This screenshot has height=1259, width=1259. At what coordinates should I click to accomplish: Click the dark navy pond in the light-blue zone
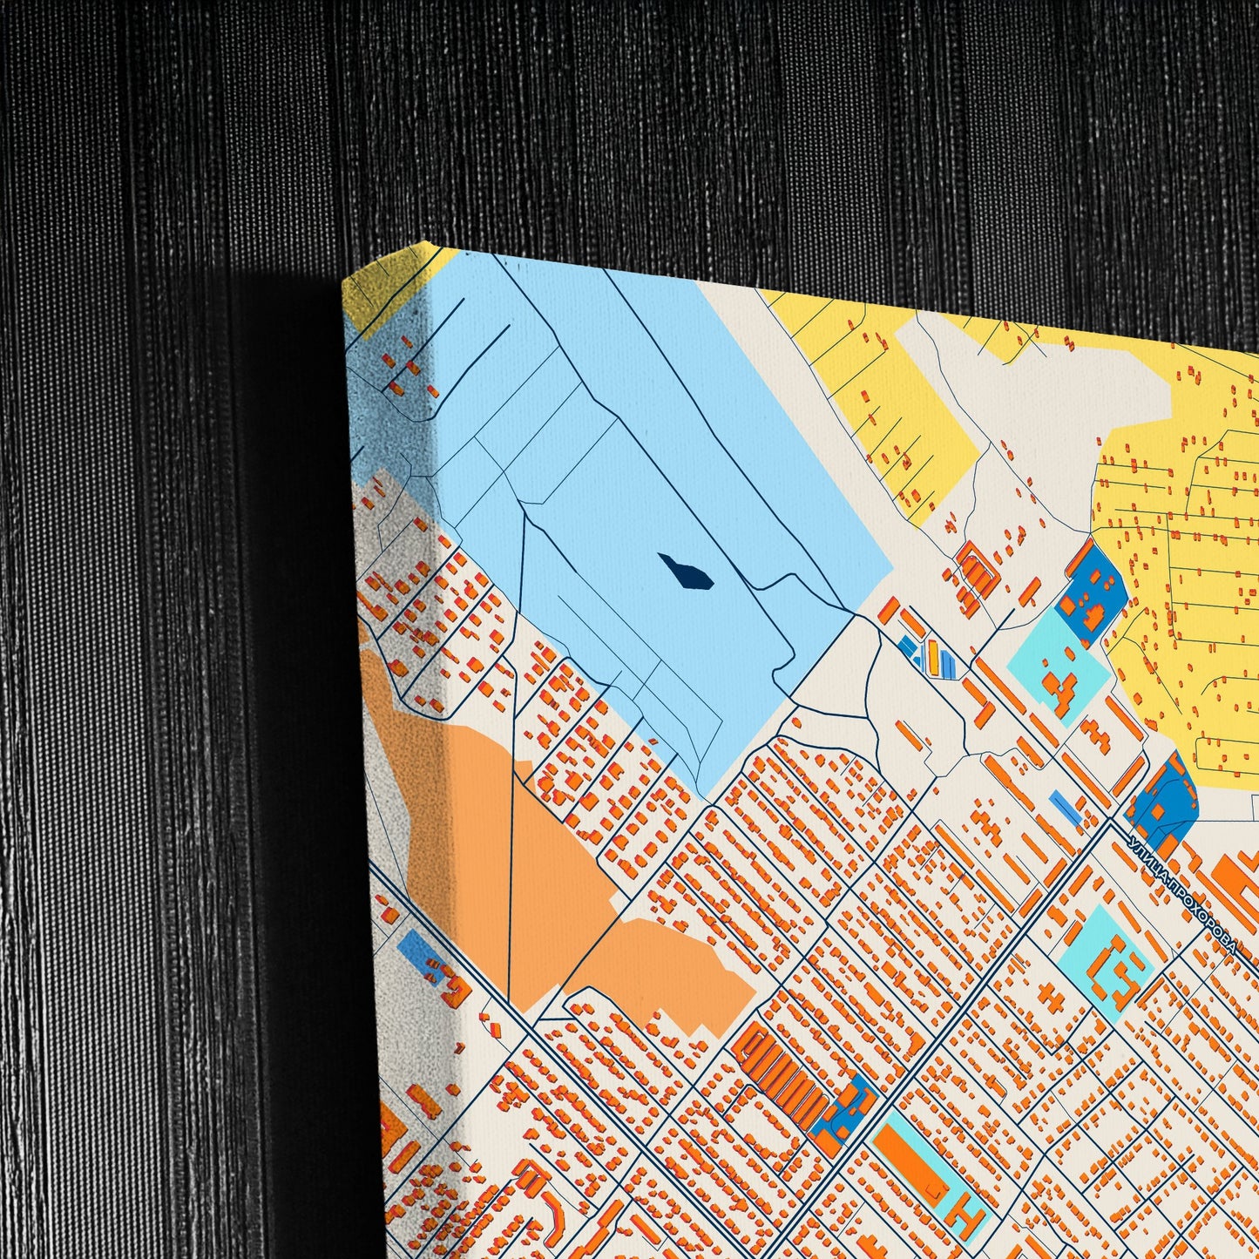pyautogui.click(x=686, y=572)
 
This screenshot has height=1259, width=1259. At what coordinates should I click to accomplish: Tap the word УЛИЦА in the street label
pyautogui.click(x=1148, y=863)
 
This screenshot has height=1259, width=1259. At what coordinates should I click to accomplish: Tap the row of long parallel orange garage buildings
pyautogui.click(x=781, y=1076)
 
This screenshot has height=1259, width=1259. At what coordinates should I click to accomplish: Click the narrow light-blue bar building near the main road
pyautogui.click(x=1064, y=805)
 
